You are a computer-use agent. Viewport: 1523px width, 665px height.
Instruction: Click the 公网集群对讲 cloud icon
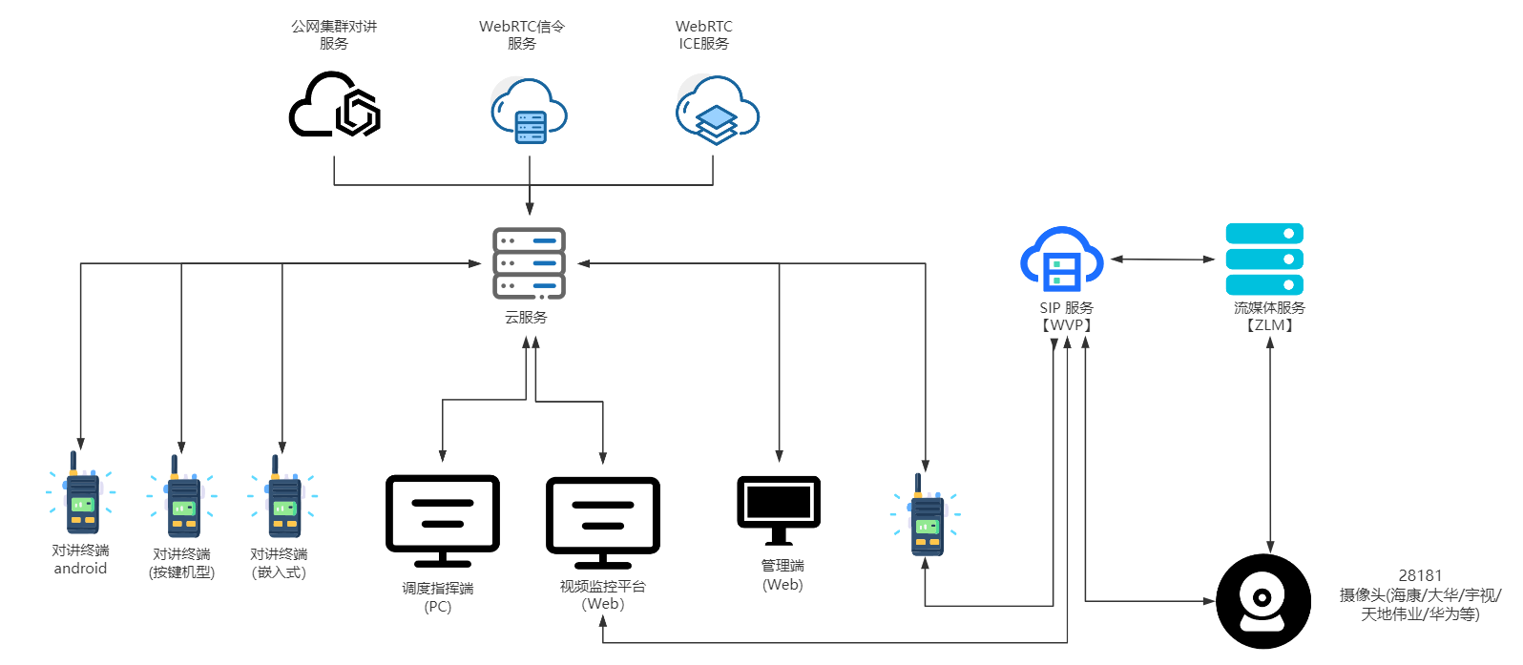[335, 104]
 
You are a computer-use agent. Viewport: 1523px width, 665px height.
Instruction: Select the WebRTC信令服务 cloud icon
[529, 113]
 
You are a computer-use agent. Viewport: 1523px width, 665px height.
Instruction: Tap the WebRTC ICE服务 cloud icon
[717, 112]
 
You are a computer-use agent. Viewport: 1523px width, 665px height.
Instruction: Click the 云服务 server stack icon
[529, 263]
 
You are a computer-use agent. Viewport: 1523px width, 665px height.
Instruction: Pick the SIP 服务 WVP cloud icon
[1062, 260]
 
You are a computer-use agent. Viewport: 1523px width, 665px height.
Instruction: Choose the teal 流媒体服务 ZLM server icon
[1264, 260]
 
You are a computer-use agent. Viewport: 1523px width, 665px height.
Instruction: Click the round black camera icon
[1263, 601]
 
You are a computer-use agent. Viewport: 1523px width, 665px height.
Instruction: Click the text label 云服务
[526, 318]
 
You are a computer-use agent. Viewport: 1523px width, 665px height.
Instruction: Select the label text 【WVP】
[1066, 325]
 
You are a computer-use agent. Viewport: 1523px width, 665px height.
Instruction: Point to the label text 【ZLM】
[1269, 325]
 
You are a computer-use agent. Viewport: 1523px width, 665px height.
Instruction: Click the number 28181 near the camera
[1420, 575]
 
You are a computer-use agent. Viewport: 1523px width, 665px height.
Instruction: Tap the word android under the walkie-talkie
[80, 569]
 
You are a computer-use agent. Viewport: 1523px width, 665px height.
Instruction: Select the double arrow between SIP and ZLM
[1163, 259]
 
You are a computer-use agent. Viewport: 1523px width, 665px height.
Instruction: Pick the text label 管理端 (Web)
[782, 575]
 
